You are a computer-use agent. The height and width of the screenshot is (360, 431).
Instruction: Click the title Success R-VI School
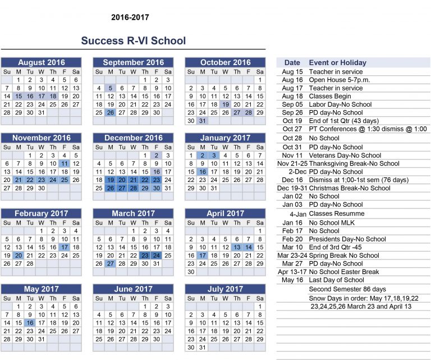click(x=133, y=41)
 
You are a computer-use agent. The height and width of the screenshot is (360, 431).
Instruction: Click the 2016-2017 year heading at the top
click(x=130, y=17)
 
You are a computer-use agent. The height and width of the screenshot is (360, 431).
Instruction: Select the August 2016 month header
click(x=42, y=62)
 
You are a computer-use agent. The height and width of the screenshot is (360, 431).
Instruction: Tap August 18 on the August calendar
click(x=53, y=96)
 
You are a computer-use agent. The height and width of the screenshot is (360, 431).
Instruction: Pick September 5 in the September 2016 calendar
click(x=111, y=88)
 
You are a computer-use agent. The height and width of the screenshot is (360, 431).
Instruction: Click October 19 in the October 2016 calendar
click(x=226, y=104)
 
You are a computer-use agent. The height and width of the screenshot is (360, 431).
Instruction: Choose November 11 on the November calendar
click(x=65, y=163)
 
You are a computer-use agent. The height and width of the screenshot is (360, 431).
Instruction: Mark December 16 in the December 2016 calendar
click(x=156, y=172)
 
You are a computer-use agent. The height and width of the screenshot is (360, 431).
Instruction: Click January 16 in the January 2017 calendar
click(x=203, y=172)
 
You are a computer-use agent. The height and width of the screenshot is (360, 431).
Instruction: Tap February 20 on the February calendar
click(x=19, y=256)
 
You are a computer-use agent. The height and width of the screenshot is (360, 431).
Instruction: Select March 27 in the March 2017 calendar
click(x=111, y=263)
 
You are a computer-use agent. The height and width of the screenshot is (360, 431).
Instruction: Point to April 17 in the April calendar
click(x=203, y=256)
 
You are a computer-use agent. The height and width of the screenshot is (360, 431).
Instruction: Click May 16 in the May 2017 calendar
click(x=30, y=323)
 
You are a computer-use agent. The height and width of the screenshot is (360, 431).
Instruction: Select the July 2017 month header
click(x=226, y=289)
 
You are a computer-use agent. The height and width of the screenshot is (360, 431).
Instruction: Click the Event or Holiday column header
click(x=337, y=63)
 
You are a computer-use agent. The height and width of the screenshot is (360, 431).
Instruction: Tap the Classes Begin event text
click(x=332, y=96)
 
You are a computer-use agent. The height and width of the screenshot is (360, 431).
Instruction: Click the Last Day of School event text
click(x=337, y=280)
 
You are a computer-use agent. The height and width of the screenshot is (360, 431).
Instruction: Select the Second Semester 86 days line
click(x=347, y=289)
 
